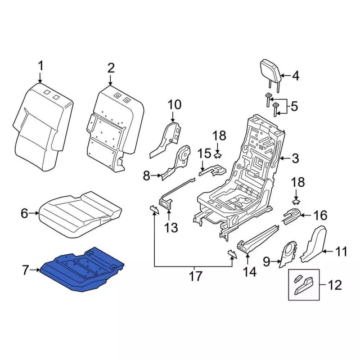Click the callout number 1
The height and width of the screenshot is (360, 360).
40,67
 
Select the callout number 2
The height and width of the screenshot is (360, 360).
111,68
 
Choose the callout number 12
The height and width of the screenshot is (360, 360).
334,285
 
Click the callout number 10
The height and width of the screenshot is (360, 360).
174,104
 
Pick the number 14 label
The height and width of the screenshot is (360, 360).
249,272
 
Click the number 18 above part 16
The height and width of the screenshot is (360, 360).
298,182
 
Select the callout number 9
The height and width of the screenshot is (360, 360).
267,260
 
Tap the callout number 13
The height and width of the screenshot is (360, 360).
170,227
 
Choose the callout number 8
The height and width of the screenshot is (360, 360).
146,176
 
